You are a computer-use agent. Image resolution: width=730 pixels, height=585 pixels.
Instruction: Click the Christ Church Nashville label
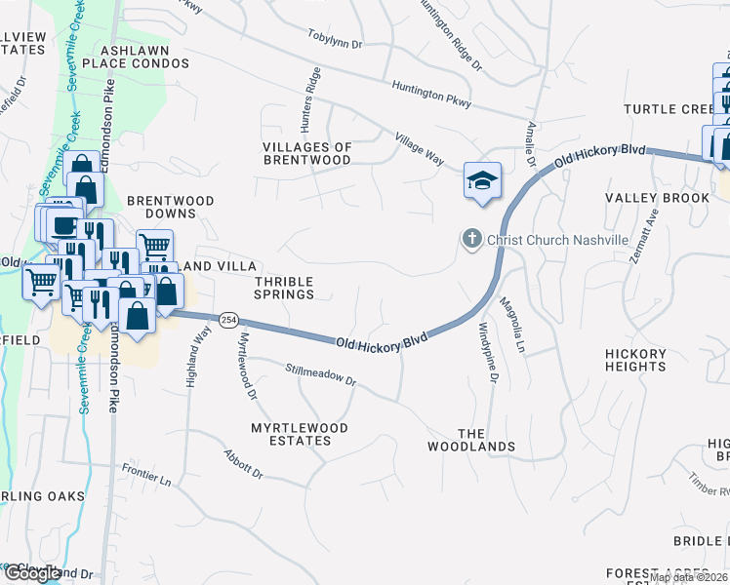click(556, 240)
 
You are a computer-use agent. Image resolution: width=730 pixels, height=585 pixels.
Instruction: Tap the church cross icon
click(470, 239)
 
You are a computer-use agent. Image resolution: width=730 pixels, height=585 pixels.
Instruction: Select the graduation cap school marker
click(481, 181)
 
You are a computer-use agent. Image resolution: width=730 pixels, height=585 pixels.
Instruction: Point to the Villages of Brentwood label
click(306, 153)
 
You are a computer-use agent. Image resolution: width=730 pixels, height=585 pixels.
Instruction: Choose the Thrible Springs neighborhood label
click(285, 287)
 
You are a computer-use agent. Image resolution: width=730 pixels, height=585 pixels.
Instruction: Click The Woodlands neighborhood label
click(471, 440)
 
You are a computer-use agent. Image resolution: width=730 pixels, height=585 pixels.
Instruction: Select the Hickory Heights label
click(635, 360)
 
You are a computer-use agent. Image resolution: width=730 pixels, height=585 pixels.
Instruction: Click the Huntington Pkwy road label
click(431, 95)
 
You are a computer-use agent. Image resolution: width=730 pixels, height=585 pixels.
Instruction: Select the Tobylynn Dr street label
click(336, 45)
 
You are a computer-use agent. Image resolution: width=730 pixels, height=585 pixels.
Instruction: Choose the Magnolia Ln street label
click(512, 328)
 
